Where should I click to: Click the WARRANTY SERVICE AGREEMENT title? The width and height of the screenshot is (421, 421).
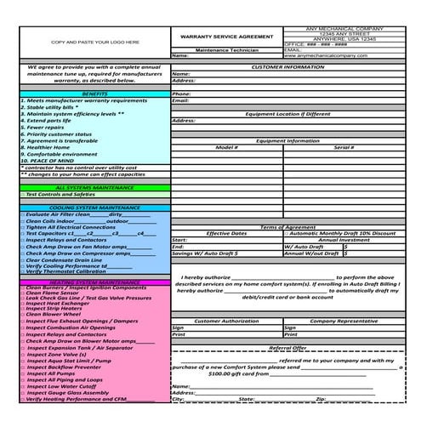[226, 37]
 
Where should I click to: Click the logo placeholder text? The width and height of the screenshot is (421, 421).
[95, 41]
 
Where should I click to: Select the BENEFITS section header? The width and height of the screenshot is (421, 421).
[95, 94]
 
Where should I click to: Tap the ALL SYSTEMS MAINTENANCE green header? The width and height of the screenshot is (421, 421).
[95, 187]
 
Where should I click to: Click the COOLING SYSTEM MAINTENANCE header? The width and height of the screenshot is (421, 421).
[95, 207]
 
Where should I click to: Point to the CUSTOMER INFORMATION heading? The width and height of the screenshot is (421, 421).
[294, 65]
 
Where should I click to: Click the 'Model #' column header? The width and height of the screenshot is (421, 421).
[227, 147]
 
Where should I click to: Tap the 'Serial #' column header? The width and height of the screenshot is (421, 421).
[344, 147]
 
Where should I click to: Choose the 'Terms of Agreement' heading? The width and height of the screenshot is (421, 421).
[294, 227]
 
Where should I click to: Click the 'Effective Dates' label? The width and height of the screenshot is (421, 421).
[227, 233]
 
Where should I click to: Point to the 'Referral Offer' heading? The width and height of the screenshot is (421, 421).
[287, 347]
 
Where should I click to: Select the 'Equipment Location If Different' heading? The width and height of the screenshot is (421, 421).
[294, 113]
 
